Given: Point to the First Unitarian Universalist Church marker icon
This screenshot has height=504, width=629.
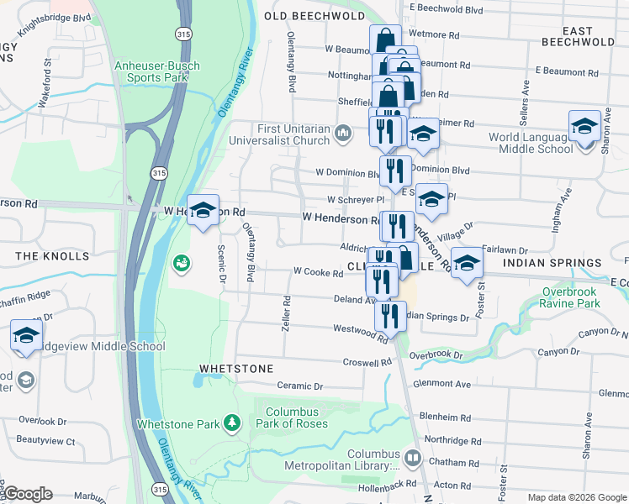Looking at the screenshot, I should pos(343,134).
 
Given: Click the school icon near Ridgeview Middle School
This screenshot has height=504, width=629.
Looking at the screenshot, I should pos(26,335).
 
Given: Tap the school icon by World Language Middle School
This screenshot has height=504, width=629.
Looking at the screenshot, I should pos(584,126).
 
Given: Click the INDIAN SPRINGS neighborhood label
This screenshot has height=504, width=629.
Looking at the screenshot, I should pos(552,263).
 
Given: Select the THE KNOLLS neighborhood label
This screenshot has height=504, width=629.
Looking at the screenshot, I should pos(52,255).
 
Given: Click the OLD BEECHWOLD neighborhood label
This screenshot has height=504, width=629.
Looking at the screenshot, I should pos(314,16).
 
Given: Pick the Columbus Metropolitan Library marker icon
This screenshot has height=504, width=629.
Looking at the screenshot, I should pos(412,459).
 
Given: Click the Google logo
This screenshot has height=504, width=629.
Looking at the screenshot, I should pos(28,494).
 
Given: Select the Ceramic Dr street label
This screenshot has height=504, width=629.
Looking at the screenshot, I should pos(300,386).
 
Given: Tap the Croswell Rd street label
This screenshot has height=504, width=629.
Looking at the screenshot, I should pos(367,363).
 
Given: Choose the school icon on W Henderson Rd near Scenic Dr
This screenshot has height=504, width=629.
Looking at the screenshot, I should pos(203,211).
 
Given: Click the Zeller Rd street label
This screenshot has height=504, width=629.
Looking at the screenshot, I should pos(286,310).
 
